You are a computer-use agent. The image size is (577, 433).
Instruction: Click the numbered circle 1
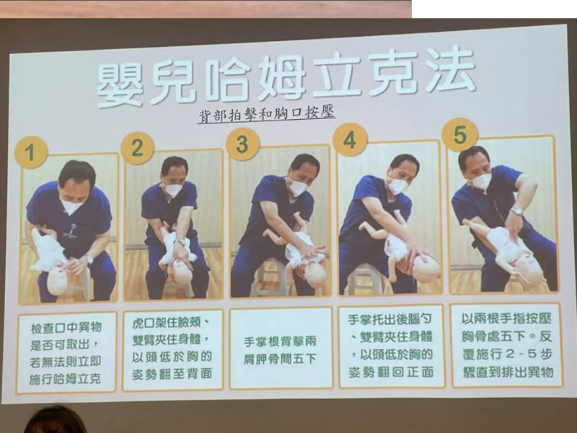coord(31,152)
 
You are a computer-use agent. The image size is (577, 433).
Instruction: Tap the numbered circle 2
coord(137,148)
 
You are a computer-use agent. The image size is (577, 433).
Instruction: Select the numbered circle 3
coord(243,144)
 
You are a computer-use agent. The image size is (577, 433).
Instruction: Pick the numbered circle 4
coord(350,140)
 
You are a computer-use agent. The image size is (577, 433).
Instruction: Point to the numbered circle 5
coord(460,135)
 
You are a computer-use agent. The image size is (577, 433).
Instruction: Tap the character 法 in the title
coord(449,69)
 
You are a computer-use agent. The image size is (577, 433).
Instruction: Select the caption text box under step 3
coord(281,349)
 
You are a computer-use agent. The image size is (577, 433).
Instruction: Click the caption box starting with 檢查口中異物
coord(66,353)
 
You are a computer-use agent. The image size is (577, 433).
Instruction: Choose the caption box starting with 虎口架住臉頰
coord(173,350)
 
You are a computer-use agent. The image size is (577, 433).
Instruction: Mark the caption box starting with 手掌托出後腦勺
coord(392,346)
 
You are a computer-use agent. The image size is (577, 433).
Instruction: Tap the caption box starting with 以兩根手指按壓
coord(507,346)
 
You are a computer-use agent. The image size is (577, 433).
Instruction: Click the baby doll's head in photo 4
coord(426,268)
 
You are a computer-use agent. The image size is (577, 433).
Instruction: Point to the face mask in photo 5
coord(480,182)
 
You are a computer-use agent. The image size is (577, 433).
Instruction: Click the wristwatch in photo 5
coord(517,211)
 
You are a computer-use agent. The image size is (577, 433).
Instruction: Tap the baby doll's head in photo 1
coord(58,281)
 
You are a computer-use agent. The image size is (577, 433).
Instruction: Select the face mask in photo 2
coord(173,190)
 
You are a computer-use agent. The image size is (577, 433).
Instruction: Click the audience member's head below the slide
coord(56,420)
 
